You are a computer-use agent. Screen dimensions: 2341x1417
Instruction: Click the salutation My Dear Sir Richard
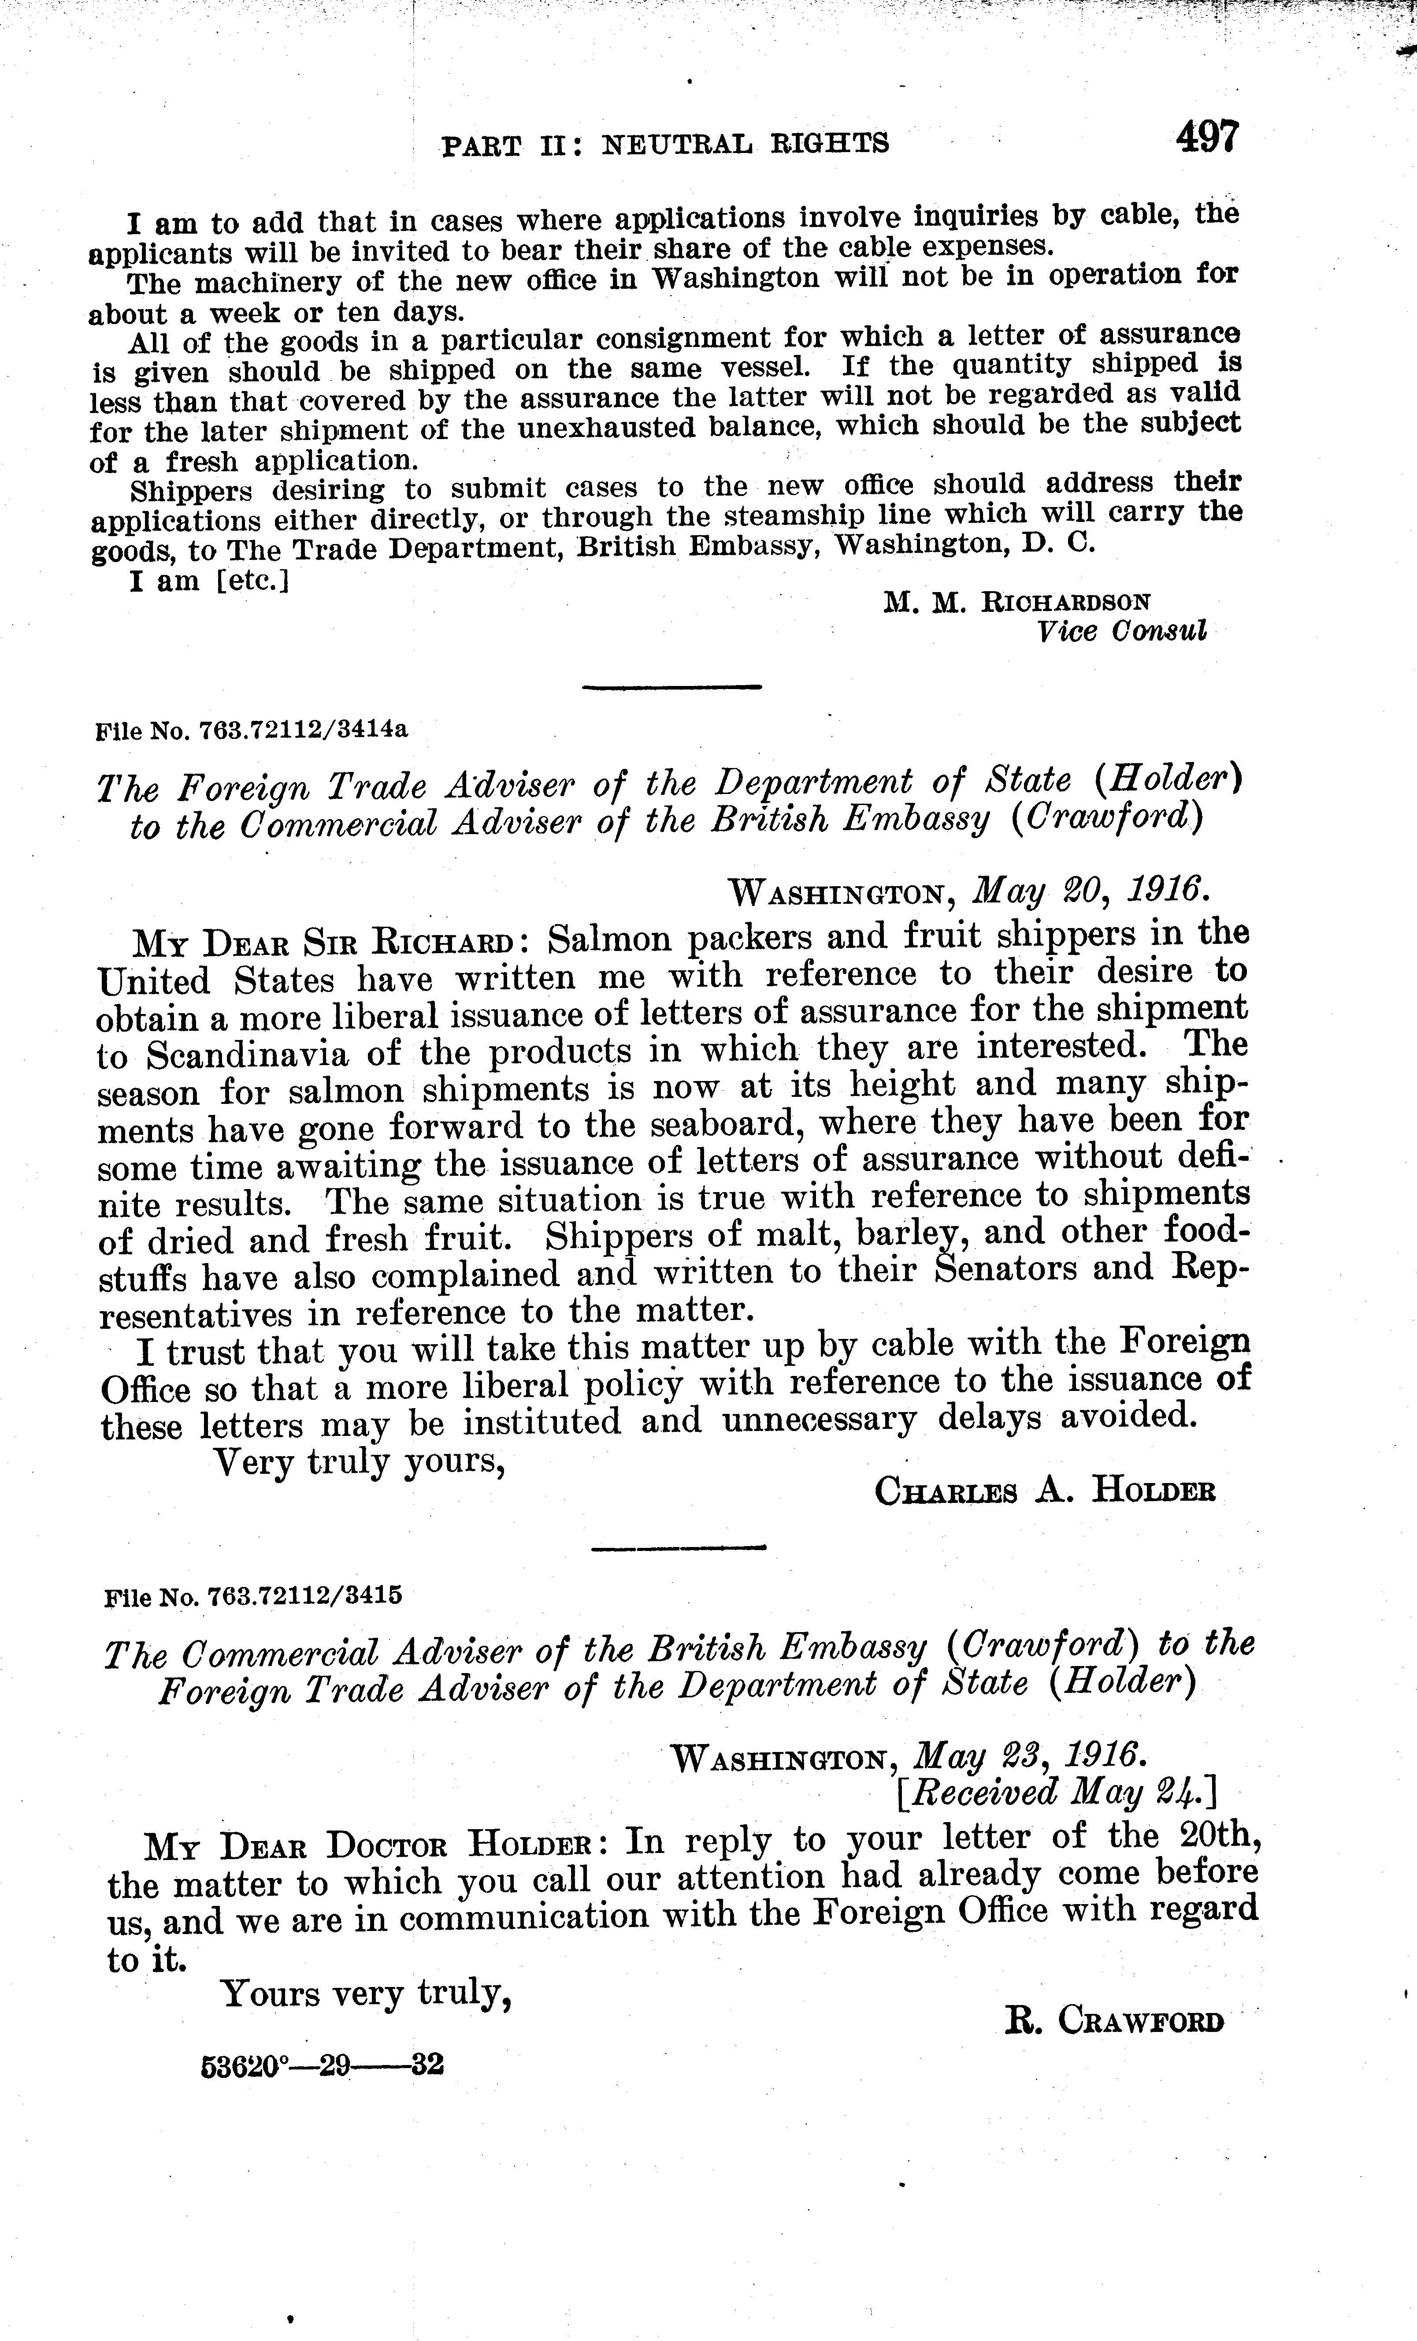click(325, 943)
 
